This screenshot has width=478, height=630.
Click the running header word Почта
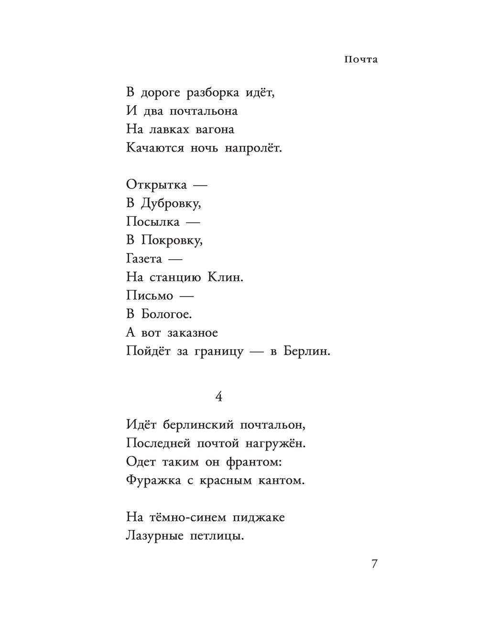pos(360,60)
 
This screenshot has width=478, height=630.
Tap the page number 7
pos(374,564)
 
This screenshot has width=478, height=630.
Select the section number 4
pos(219,397)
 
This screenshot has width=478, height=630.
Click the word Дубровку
pos(171,204)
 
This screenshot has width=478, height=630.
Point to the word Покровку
pos(172,241)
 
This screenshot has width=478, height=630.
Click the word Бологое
pos(166,314)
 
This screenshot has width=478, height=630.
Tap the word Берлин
pos(306,352)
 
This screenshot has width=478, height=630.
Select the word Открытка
pos(157,185)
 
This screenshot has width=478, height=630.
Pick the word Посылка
pos(153,222)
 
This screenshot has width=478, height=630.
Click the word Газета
pos(144,259)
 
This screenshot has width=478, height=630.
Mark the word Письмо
pos(150,296)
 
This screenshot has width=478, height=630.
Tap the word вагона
pos(215,130)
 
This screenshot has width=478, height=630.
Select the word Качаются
pos(155,148)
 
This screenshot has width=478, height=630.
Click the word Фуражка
pos(153,480)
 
